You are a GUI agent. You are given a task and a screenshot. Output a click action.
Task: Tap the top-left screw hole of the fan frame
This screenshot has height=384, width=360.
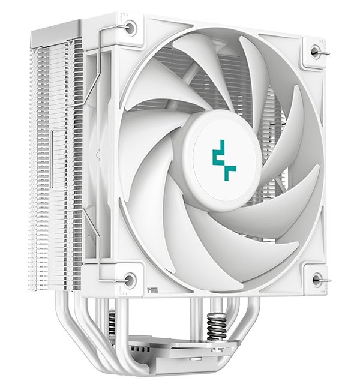(x=131, y=26)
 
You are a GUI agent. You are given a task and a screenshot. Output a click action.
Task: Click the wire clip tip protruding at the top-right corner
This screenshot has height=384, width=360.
(x=328, y=53)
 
